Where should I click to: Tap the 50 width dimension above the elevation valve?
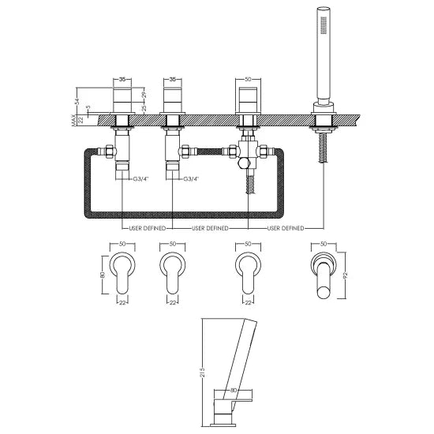[248, 80]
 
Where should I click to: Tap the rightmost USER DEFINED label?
[286, 229]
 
